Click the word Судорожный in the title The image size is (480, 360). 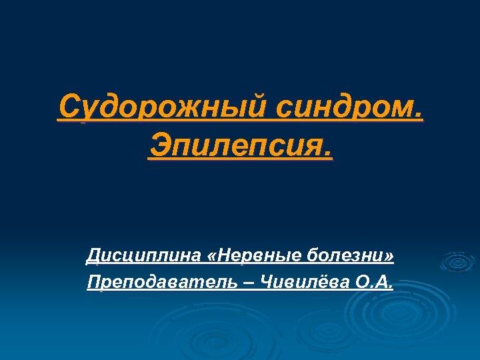160,107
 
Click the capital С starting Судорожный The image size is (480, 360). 69,107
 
